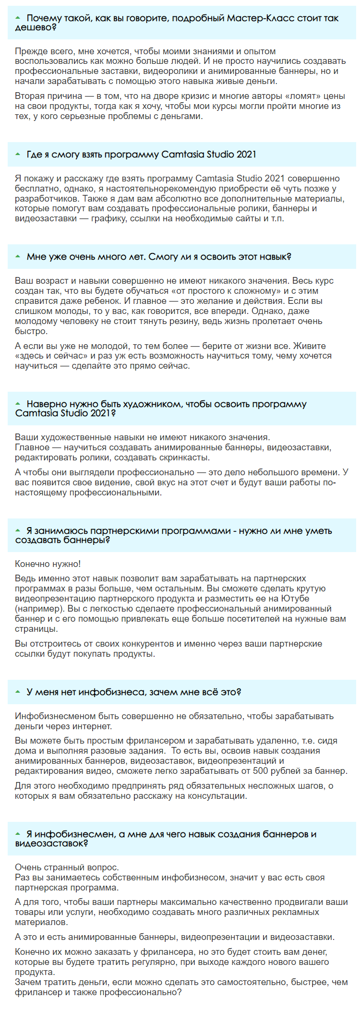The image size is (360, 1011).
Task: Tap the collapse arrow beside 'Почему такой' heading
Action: [x=18, y=18]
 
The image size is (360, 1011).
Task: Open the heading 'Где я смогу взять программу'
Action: [x=141, y=154]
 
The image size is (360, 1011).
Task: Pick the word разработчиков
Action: [x=44, y=199]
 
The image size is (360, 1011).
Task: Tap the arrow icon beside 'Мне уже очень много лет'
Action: [x=18, y=256]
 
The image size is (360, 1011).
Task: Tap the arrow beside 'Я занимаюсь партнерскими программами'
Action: [x=18, y=530]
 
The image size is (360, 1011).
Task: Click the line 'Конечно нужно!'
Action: [x=48, y=564]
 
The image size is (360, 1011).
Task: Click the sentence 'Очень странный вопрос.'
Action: [x=67, y=867]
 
